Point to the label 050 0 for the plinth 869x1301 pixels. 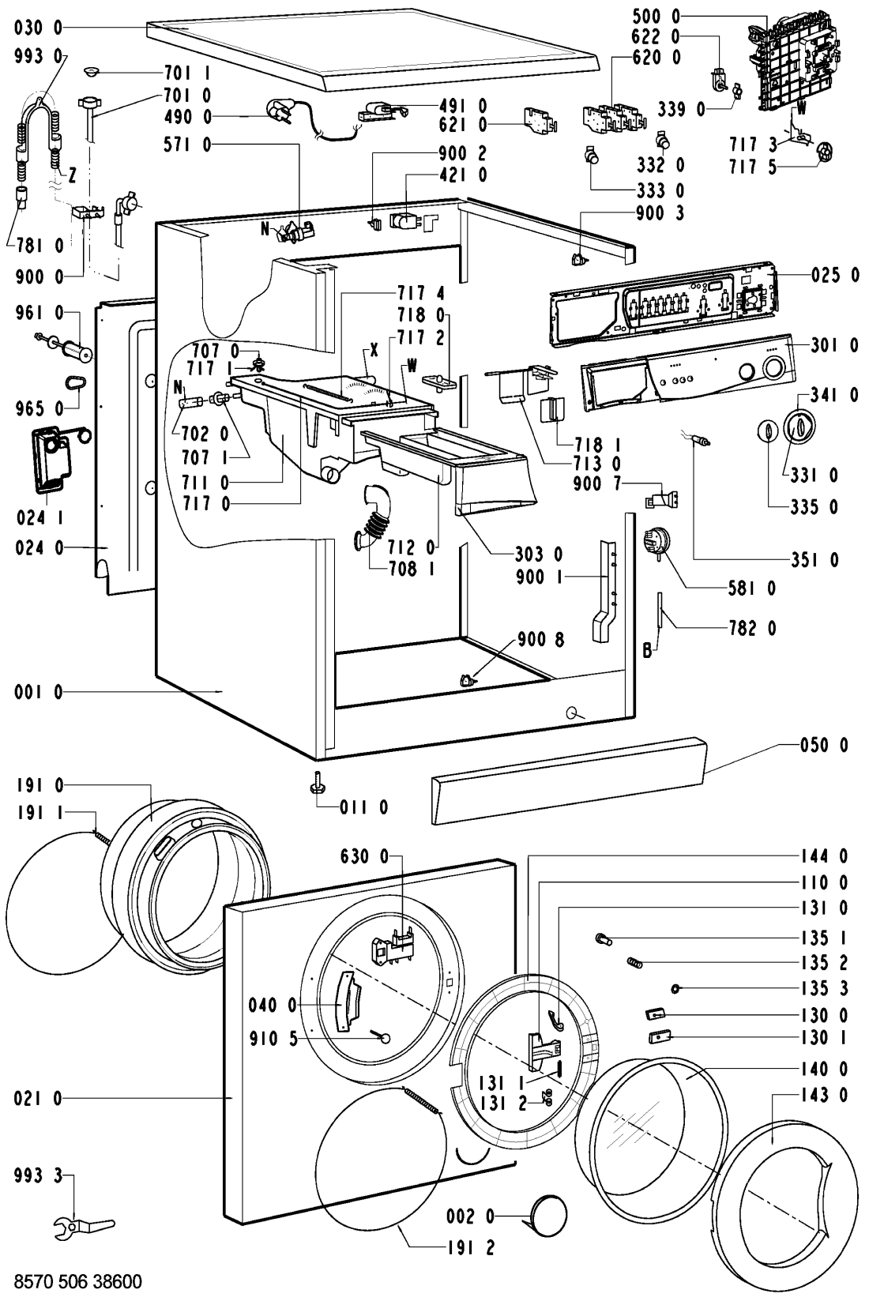(x=822, y=745)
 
